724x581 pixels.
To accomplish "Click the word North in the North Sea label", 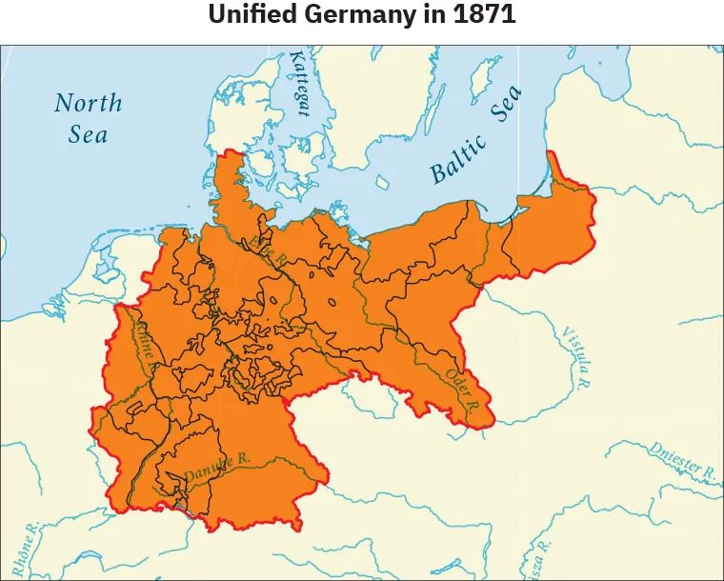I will pyautogui.click(x=88, y=103).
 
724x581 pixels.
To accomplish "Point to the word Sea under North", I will pyautogui.click(x=88, y=134).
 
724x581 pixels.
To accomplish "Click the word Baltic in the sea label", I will pyautogui.click(x=458, y=160).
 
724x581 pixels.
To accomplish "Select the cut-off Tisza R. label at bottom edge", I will pyautogui.click(x=542, y=562).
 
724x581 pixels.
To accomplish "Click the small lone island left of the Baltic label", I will pyautogui.click(x=384, y=181).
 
